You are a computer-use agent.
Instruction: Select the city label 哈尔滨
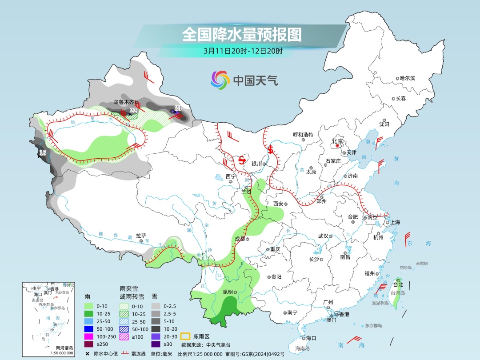tap(407, 78)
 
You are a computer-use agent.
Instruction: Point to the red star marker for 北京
tap(338, 146)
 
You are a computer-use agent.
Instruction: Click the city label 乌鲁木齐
tap(124, 102)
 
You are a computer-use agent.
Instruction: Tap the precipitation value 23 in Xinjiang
tap(178, 108)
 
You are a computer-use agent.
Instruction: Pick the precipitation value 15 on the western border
tap(42, 153)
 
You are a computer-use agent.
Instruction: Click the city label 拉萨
tap(141, 236)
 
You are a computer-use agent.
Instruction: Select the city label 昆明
tap(228, 292)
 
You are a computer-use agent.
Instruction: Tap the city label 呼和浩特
tap(303, 135)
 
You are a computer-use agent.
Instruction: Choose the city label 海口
tap(311, 338)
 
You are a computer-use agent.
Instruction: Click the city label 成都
tap(239, 239)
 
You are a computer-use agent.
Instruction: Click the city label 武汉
tap(323, 236)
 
